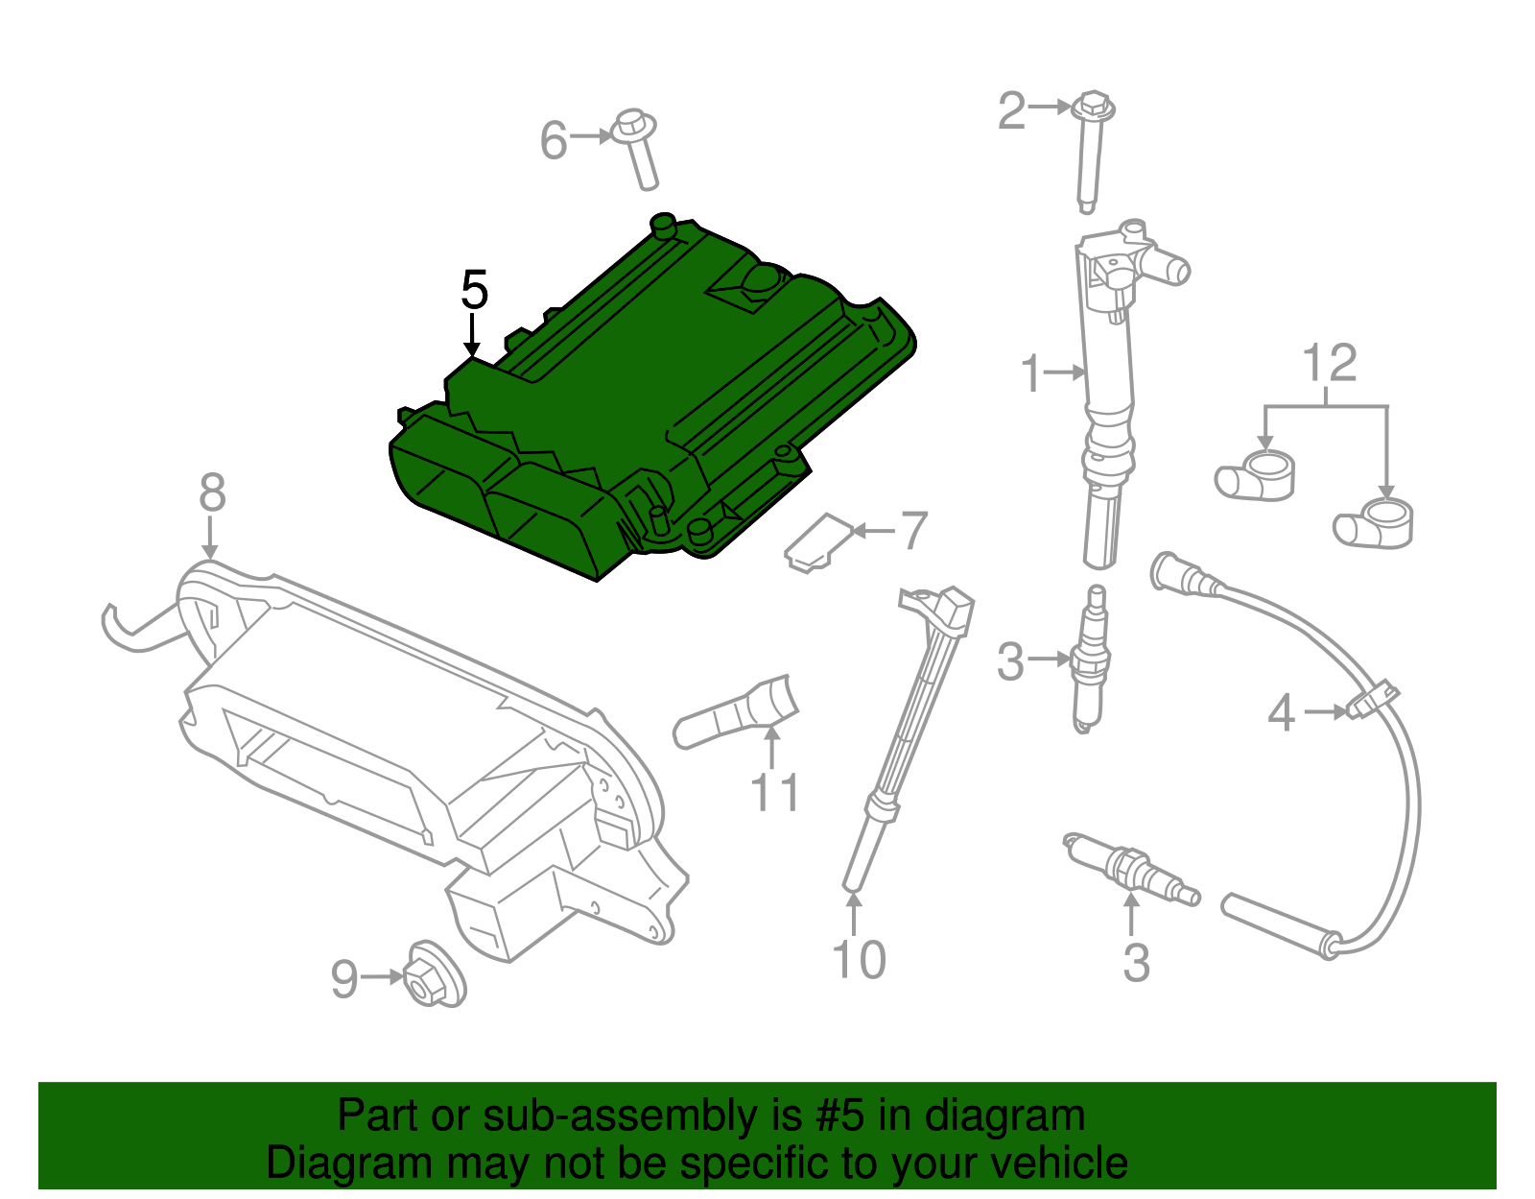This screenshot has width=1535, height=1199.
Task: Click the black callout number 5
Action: (x=474, y=289)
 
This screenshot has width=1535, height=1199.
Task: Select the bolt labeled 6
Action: (x=638, y=149)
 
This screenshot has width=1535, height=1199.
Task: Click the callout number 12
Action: (x=1329, y=364)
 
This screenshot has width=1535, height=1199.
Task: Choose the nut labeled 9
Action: (x=434, y=976)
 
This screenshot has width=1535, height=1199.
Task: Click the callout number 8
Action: (x=212, y=493)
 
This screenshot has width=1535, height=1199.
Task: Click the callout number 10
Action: (x=859, y=960)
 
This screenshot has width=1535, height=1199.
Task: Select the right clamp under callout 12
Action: (x=1374, y=524)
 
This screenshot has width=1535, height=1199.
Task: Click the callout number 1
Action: (x=1030, y=373)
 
